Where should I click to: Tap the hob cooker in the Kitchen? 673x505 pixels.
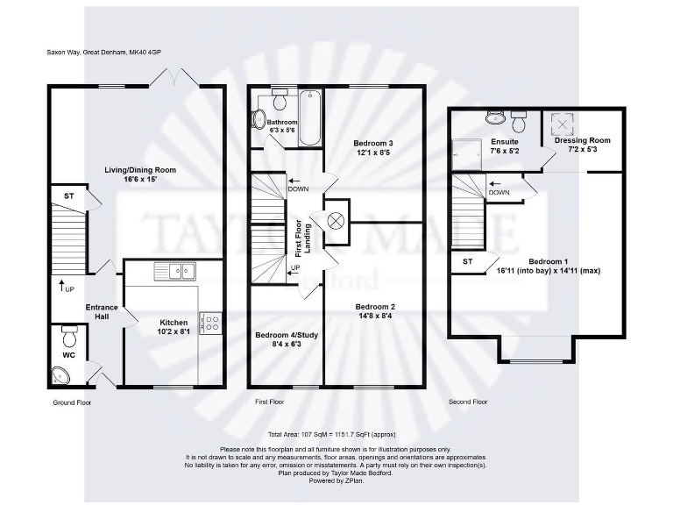click(211, 323)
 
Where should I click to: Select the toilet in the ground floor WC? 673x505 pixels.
click(69, 335)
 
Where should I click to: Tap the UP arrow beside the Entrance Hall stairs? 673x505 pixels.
click(63, 285)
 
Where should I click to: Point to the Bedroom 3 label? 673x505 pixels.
click(372, 143)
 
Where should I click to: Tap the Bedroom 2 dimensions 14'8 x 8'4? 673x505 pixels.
click(375, 317)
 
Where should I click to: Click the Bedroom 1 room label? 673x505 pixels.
click(548, 261)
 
